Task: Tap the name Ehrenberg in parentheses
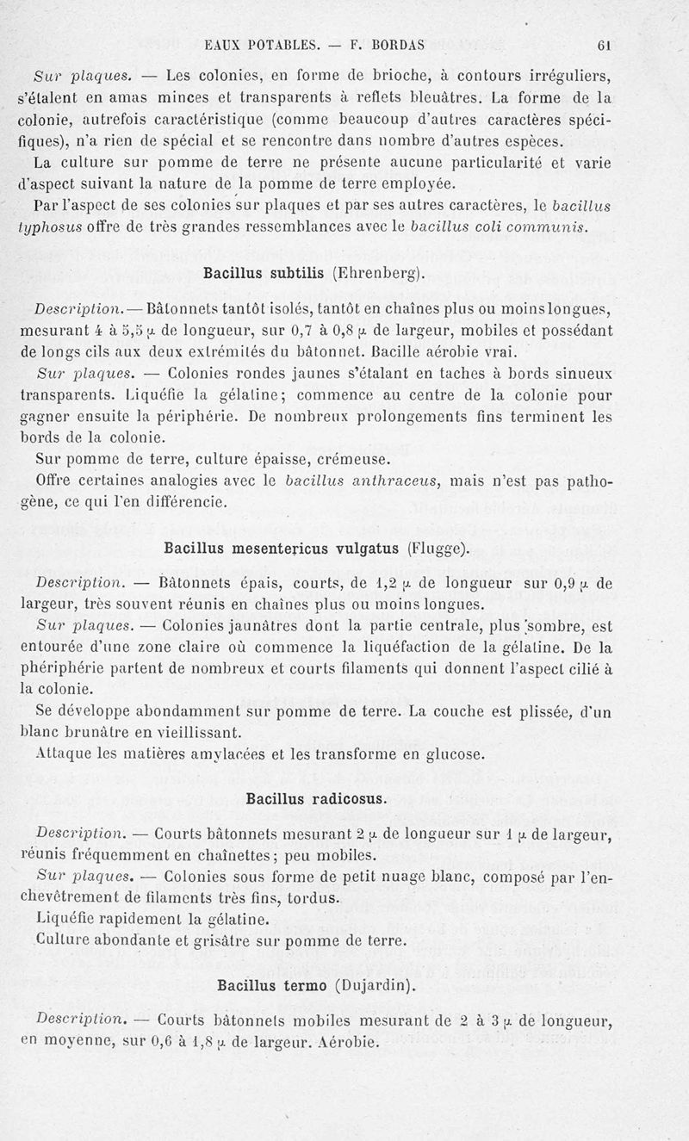coord(378,274)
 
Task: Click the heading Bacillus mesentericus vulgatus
coord(282,549)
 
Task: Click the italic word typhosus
coord(49,227)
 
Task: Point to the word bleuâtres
coord(470,96)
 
